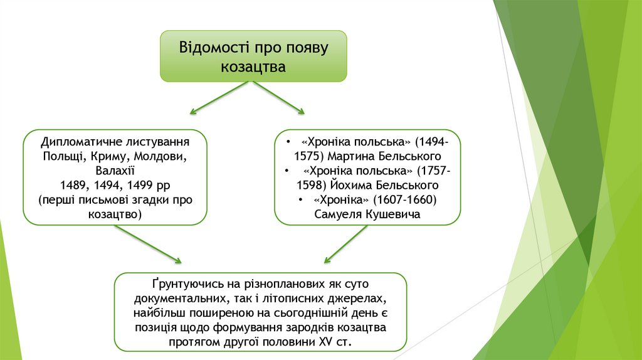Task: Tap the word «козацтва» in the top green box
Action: coord(253,66)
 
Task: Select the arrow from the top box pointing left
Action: coord(219,98)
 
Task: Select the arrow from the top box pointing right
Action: coord(278,98)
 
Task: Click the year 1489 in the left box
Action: coord(73,185)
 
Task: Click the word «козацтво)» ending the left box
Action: coord(115,214)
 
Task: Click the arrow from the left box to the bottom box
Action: coord(147,243)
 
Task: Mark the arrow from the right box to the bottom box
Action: coord(345,245)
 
